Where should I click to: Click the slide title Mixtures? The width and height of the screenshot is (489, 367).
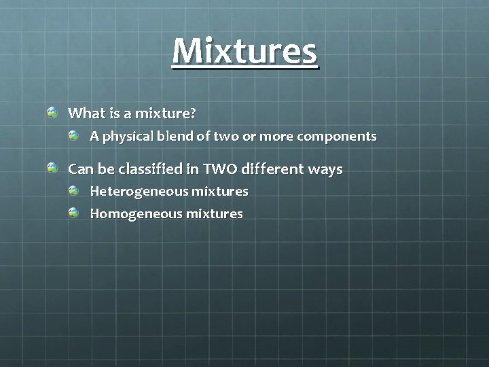244,52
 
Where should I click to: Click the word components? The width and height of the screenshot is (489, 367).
336,137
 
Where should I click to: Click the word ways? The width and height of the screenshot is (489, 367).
325,169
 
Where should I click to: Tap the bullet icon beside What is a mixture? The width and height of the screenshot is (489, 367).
52,111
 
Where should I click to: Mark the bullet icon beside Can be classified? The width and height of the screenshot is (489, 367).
52,167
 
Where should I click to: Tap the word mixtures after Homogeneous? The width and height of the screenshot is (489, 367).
214,214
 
